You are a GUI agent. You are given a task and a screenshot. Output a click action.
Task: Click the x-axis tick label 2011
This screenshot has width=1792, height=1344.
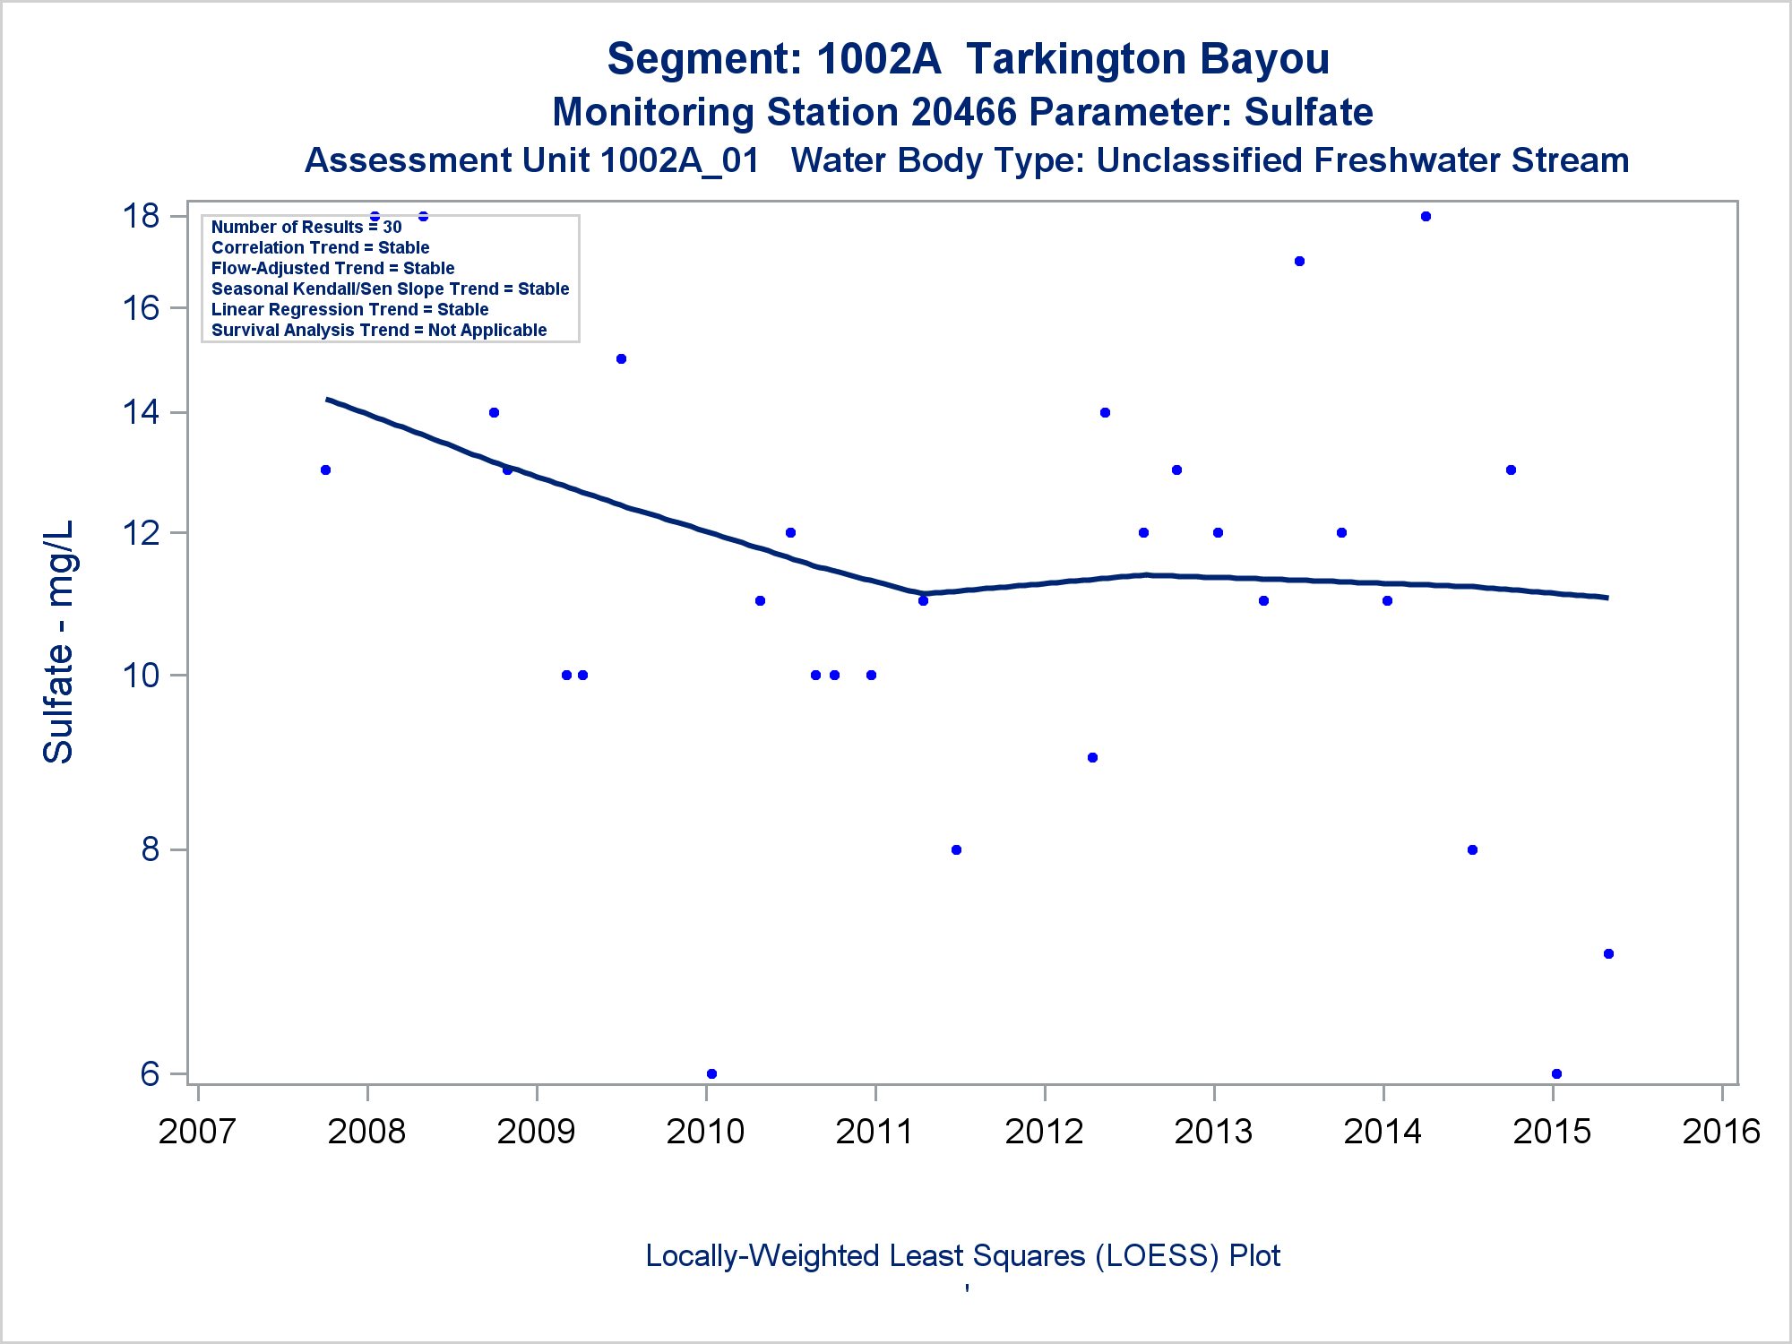tap(874, 1131)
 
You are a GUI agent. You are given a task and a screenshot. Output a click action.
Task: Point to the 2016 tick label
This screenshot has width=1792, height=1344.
tap(1721, 1131)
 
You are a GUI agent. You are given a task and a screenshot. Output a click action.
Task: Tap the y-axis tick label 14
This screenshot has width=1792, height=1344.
tap(142, 412)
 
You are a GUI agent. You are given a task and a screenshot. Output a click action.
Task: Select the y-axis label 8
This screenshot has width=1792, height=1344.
tap(151, 849)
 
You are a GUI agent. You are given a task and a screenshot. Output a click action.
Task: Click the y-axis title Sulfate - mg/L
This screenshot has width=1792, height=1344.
tap(59, 642)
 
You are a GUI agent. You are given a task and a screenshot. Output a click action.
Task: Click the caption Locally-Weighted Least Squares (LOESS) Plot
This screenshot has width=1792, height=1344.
tap(962, 1255)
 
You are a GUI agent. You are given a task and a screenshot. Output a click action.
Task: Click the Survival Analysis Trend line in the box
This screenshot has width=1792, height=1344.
tap(379, 330)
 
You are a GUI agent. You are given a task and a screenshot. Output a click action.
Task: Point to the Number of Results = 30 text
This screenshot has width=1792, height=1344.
tap(306, 227)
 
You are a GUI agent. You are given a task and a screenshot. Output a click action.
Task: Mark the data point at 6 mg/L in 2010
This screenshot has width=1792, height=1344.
tap(711, 1073)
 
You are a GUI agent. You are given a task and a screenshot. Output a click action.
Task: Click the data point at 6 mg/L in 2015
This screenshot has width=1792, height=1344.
tap(1556, 1073)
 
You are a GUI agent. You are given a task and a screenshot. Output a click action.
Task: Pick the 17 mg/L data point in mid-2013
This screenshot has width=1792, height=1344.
tap(1299, 262)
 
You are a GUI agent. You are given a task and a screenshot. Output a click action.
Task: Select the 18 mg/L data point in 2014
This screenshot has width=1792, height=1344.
tap(1426, 217)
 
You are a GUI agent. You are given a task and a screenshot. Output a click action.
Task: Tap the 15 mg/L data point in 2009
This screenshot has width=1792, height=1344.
tap(621, 359)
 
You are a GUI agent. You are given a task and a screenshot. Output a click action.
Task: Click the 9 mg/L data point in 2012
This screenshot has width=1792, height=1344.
tap(1092, 758)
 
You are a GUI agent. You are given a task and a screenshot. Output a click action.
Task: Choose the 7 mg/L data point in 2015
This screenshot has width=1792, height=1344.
tap(1608, 954)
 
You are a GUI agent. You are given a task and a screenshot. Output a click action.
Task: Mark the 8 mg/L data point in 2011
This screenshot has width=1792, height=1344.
tap(956, 850)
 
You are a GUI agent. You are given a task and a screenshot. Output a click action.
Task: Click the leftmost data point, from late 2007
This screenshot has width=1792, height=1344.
tap(325, 470)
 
